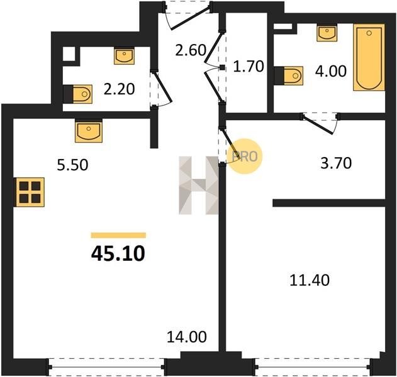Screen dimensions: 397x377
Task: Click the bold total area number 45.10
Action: coord(118,254)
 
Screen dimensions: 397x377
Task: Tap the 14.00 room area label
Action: coord(187,337)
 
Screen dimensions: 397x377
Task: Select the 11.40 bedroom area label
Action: coord(310,280)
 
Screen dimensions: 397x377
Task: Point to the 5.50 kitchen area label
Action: coord(72,165)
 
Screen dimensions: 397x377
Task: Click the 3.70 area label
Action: coord(336,163)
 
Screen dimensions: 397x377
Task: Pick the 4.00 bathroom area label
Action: coord(331,71)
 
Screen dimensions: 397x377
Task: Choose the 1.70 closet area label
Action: coord(249,67)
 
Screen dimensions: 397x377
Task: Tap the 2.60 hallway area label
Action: coord(191,50)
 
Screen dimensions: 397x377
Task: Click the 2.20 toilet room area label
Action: coord(119,89)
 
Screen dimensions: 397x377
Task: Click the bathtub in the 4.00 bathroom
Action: coord(369,57)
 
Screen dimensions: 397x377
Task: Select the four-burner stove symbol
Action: coord(30,192)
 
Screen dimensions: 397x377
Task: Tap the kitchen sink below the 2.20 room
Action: coord(89,131)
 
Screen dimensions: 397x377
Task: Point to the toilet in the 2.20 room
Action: coord(78,94)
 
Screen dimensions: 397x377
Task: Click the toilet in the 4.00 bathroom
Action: coord(288,75)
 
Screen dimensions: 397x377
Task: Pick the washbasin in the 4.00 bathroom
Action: coord(327,33)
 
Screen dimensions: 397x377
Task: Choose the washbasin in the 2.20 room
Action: coord(124,56)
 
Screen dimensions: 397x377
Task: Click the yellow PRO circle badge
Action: coord(245,156)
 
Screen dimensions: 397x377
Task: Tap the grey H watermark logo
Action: coord(199,185)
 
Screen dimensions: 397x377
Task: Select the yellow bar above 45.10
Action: coord(118,235)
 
